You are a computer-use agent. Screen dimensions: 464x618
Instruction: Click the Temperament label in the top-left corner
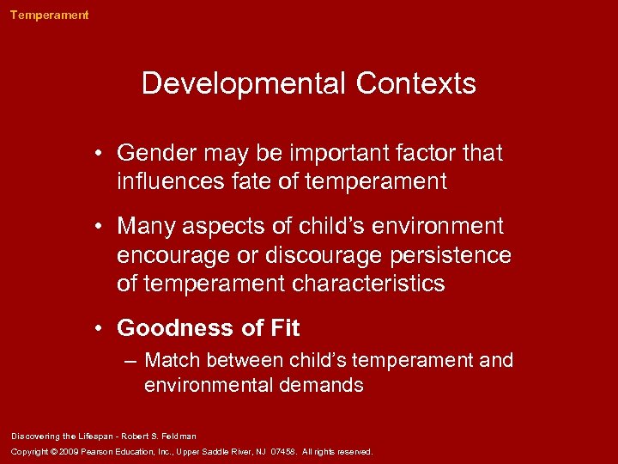49,15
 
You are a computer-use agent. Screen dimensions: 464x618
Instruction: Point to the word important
323,154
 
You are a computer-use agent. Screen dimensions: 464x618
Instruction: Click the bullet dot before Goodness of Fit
101,328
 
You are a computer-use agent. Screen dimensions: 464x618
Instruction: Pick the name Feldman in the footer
178,436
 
